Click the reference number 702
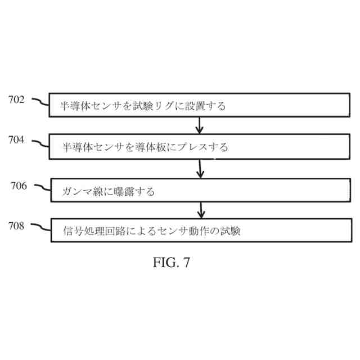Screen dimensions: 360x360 coord(16,100)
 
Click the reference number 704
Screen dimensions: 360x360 coord(16,140)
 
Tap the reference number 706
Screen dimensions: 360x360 coord(19,186)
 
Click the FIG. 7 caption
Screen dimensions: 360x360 coord(172,263)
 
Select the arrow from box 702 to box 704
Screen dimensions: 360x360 coord(199,124)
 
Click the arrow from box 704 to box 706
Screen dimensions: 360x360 coord(200,168)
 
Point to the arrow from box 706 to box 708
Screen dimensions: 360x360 coord(201,210)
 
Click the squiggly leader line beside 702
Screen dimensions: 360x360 coord(40,102)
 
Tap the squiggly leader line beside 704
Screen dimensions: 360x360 coord(40,143)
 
